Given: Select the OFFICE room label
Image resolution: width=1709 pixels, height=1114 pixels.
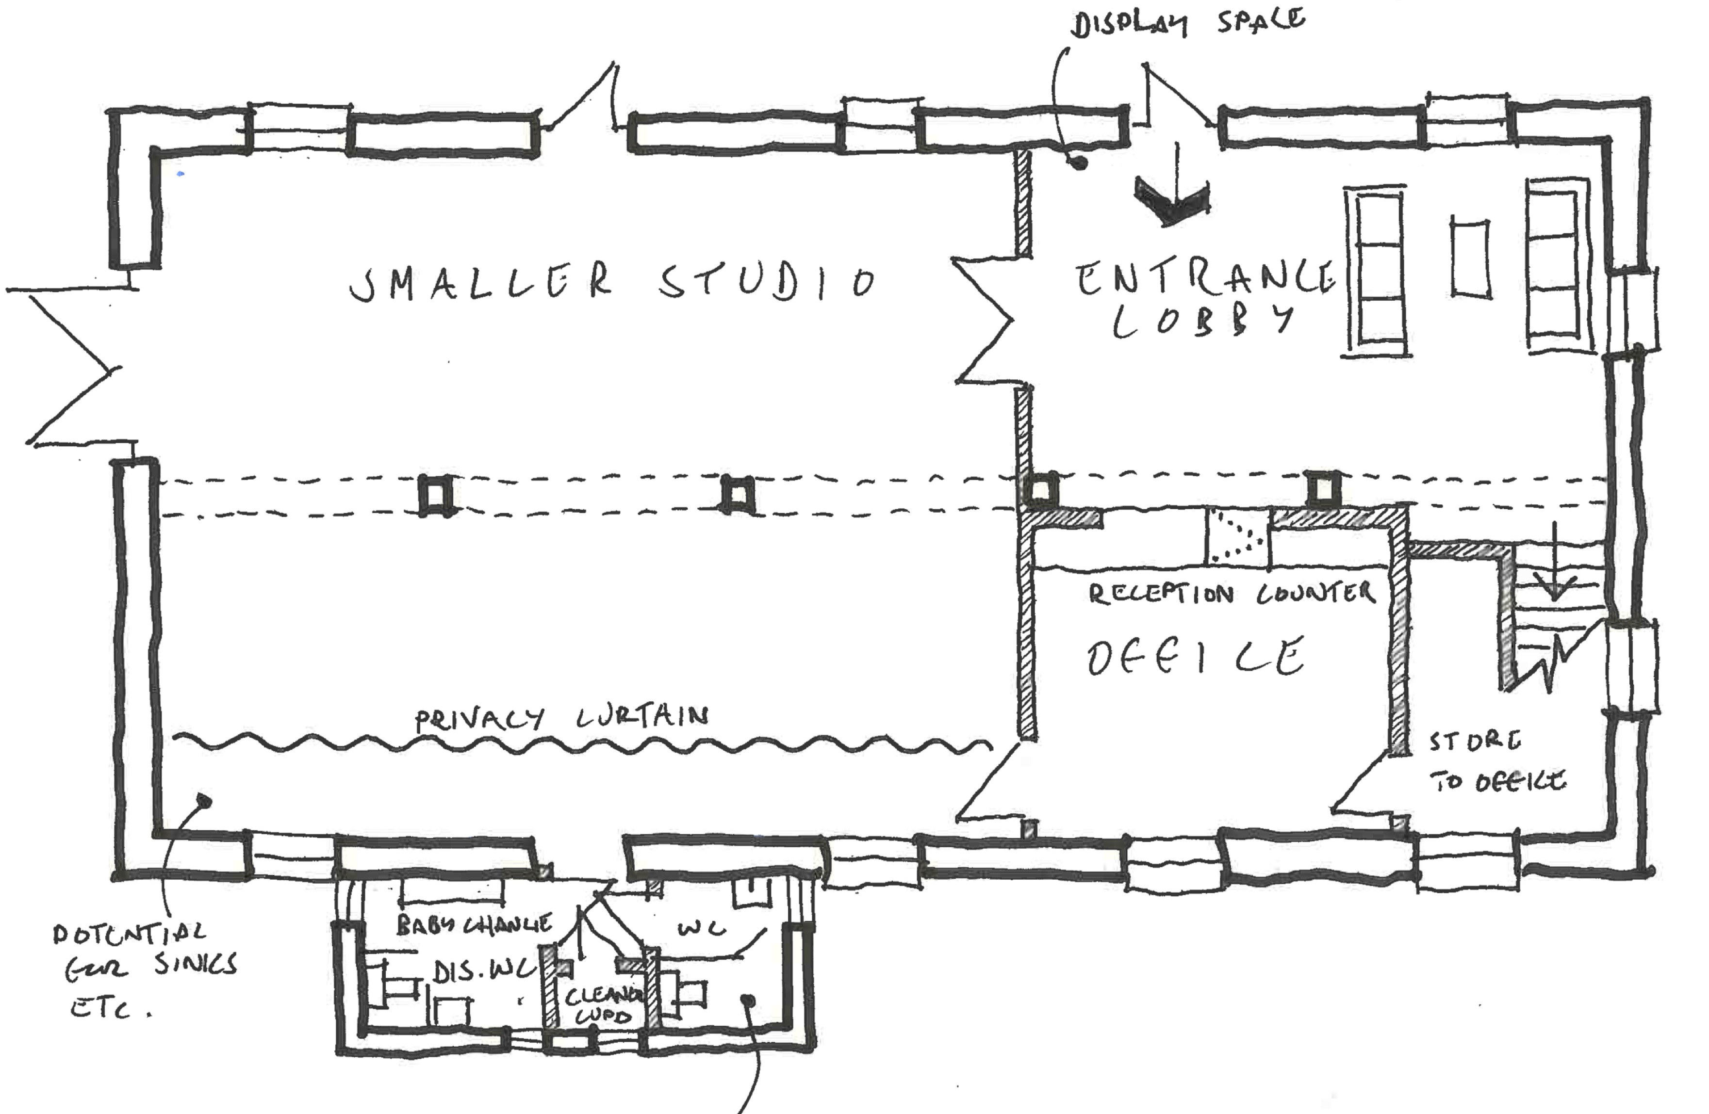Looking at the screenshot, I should click(x=1196, y=657).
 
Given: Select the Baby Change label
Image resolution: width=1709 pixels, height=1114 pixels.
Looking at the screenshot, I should click(x=475, y=924).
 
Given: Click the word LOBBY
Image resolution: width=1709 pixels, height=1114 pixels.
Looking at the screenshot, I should click(x=1203, y=321).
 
